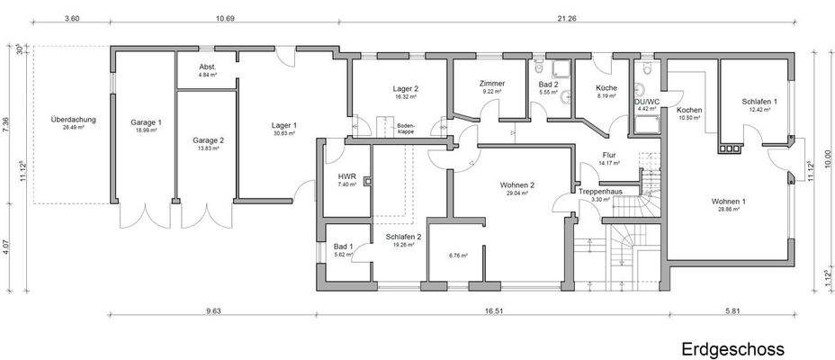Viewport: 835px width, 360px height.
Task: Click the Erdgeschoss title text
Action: click(732, 348)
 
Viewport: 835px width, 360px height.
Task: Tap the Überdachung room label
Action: click(74, 120)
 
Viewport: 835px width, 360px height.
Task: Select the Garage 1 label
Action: click(145, 122)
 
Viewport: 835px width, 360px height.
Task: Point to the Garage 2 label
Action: click(207, 140)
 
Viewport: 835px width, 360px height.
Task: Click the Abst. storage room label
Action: click(207, 68)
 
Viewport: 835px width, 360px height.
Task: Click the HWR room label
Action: click(346, 176)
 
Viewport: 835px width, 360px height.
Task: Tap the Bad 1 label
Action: click(343, 247)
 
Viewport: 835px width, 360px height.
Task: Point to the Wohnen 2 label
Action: click(517, 185)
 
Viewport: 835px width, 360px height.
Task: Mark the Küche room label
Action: click(606, 88)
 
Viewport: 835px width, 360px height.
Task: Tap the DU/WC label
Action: click(647, 103)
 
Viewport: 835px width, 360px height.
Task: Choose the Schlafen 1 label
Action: click(759, 102)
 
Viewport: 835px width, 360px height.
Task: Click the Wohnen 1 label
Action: click(729, 201)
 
